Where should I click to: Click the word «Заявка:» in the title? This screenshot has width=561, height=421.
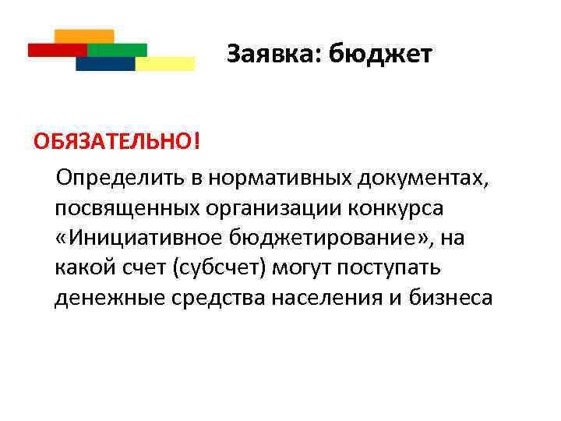coord(274,55)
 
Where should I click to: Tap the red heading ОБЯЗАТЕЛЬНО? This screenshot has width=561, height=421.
coord(104,143)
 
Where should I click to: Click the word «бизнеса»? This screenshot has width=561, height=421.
coord(453,297)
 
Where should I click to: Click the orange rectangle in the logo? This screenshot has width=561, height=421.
coord(85,36)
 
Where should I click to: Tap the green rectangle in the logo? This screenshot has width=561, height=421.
coord(117,50)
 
